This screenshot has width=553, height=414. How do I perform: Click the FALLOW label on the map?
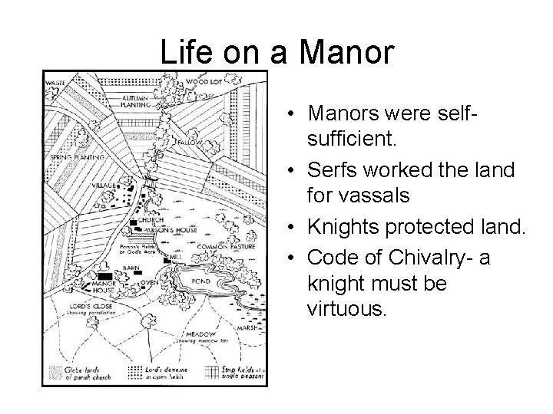[x=188, y=143]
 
